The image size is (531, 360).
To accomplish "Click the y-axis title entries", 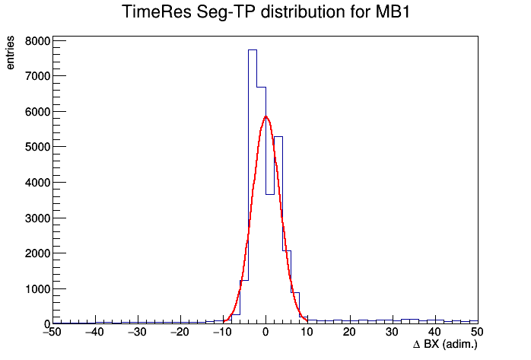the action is [x=10, y=53].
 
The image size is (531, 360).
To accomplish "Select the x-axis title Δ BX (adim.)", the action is [x=445, y=345].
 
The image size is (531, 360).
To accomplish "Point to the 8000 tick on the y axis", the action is [x=37, y=41].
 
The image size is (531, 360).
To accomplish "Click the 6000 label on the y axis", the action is [x=37, y=112].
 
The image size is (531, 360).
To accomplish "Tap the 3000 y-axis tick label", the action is [x=37, y=218].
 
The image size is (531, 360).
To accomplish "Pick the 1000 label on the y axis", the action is [x=37, y=289].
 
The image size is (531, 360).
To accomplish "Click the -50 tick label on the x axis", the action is [x=52, y=332].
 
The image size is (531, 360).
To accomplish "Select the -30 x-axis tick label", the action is [x=137, y=332].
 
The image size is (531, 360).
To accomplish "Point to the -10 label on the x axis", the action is [x=222, y=332].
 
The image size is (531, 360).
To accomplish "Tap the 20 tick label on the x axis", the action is [x=349, y=332].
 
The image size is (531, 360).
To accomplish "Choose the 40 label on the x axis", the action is [x=434, y=332].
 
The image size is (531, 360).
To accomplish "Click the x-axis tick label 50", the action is [x=477, y=332].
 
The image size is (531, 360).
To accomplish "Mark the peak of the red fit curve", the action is [x=265, y=116].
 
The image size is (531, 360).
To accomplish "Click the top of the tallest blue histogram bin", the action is [x=253, y=49].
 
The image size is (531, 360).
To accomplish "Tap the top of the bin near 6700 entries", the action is [x=262, y=87].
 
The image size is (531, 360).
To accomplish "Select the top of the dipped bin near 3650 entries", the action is [x=270, y=194].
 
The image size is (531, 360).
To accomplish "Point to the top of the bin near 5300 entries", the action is [x=278, y=136].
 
